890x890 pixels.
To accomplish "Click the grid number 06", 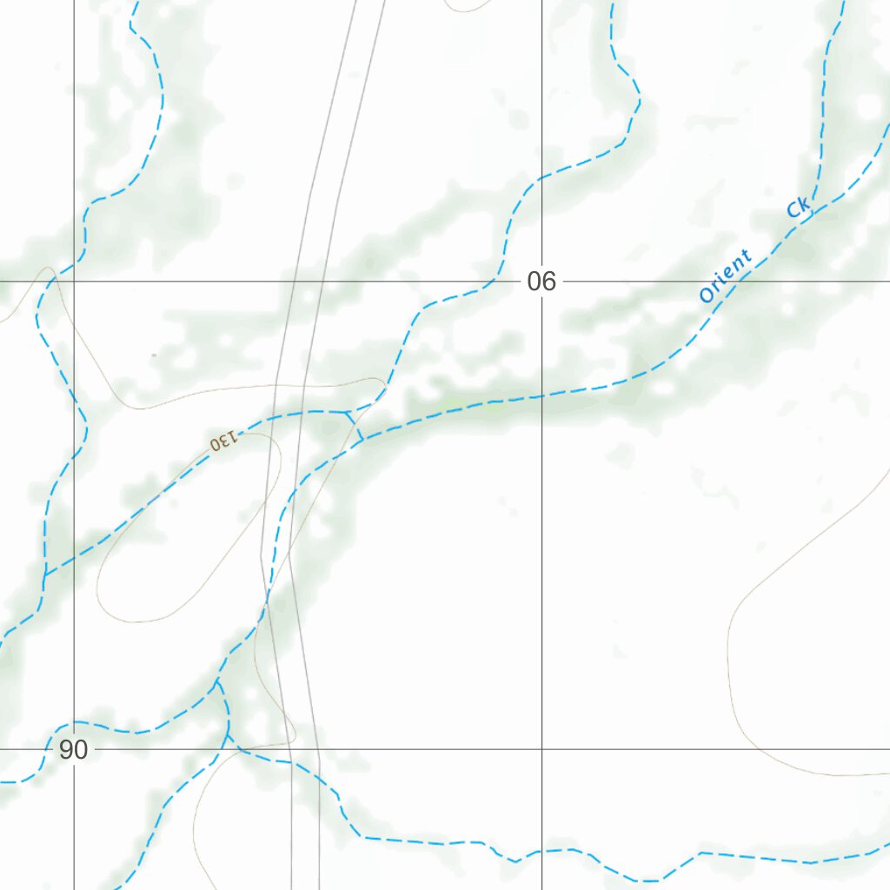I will tap(541, 282).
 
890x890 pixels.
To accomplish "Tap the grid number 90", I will tap(74, 749).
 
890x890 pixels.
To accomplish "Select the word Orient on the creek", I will tap(726, 276).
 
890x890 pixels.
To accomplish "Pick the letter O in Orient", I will tap(707, 295).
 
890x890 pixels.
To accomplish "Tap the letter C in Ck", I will tap(794, 212).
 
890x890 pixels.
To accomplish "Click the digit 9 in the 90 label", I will tap(67, 749).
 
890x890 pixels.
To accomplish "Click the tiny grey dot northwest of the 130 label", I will tap(154, 355).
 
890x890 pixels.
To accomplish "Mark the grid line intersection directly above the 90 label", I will tap(74, 282).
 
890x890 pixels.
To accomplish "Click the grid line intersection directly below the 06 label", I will tap(541, 749).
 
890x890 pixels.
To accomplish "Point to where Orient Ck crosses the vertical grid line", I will tap(541, 396).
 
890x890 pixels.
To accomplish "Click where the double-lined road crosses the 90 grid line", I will tap(304, 749).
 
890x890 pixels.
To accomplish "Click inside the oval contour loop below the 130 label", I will tap(174, 556).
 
